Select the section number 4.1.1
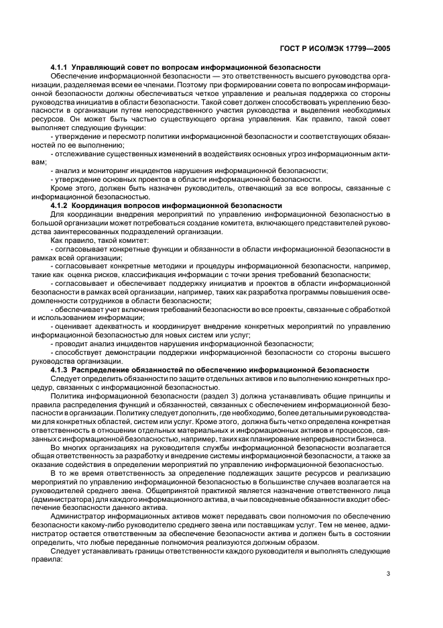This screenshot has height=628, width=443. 60,68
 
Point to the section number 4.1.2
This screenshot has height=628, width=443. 60,205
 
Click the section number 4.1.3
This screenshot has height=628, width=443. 60,370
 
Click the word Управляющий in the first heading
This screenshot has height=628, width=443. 97,68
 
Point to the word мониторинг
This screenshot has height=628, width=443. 101,170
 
